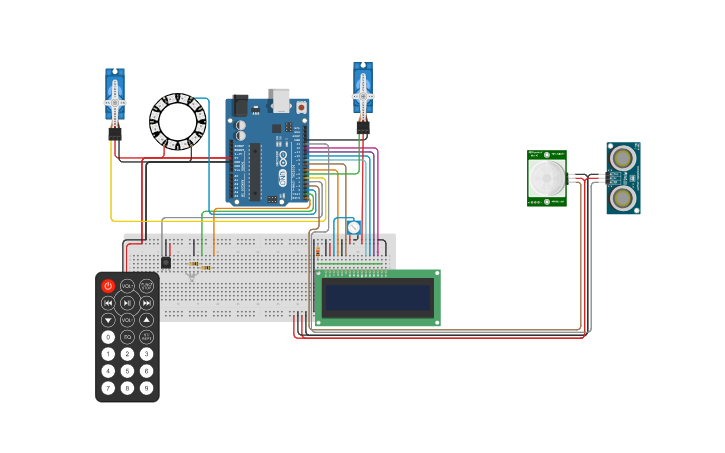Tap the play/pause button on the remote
(x=127, y=303)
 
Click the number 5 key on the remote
(x=127, y=370)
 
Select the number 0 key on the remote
(x=108, y=337)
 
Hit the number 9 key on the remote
(x=146, y=387)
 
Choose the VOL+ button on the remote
(x=127, y=286)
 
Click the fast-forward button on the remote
(x=146, y=303)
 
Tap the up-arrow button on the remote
(x=146, y=320)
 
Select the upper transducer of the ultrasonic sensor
(x=623, y=158)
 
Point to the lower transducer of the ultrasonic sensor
(x=623, y=197)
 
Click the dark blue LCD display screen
(x=377, y=298)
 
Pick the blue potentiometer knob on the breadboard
(x=353, y=228)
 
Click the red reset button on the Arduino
(x=300, y=106)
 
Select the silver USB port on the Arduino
(x=281, y=100)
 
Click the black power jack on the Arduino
(x=240, y=106)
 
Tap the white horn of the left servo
(x=115, y=101)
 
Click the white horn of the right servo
(x=362, y=95)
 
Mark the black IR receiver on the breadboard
(x=166, y=262)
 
